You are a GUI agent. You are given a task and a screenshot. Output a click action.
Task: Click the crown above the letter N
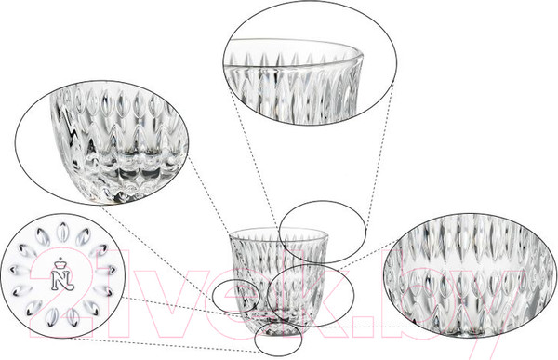pyautogui.click(x=60, y=264)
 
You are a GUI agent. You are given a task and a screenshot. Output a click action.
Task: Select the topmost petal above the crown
pyautogui.click(x=63, y=231)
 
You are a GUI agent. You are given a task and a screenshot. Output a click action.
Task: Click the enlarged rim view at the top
pyautogui.click(x=310, y=62)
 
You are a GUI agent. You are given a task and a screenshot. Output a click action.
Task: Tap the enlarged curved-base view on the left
pyautogui.click(x=101, y=142)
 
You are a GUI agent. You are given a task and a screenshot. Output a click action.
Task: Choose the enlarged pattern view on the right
pyautogui.click(x=470, y=276)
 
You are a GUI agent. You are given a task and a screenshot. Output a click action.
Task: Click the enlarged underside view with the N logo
pyautogui.click(x=63, y=276)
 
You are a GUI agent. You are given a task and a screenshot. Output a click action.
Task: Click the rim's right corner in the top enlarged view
pyautogui.click(x=363, y=56)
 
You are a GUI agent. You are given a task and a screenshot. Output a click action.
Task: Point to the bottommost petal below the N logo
pyautogui.click(x=52, y=316)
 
